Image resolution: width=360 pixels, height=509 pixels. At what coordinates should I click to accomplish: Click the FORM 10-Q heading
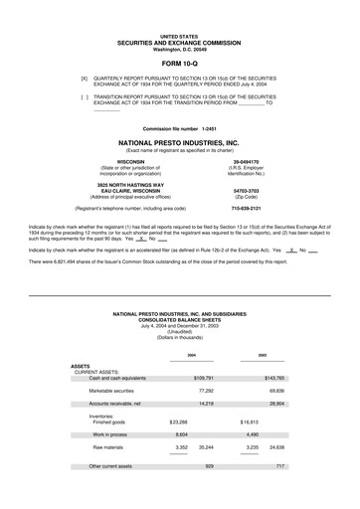tap(179, 63)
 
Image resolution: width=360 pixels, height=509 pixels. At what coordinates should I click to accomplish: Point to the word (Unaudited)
tap(180, 331)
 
